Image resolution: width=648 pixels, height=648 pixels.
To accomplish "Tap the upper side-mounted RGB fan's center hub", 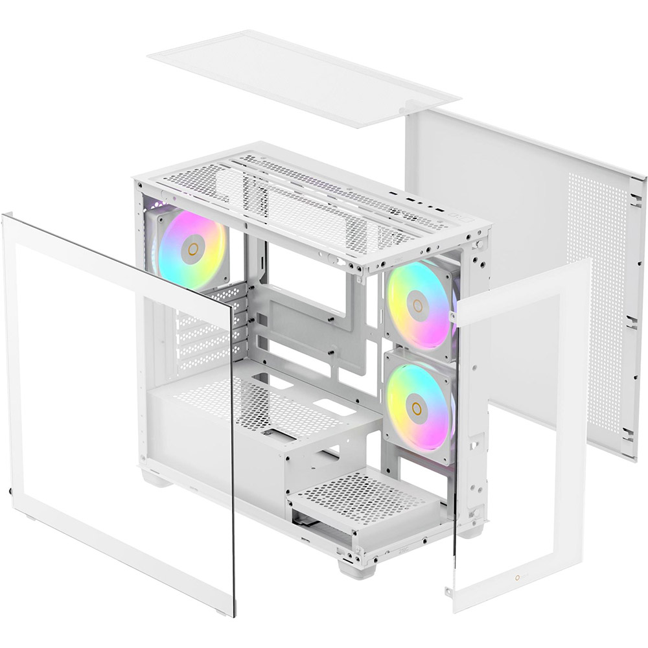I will point(417,305).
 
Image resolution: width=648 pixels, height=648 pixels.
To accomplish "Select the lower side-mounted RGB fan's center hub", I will point(417,407).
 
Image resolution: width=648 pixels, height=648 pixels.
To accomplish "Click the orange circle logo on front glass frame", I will point(518,579).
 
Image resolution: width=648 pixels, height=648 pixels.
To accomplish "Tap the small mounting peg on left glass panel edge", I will point(12,493).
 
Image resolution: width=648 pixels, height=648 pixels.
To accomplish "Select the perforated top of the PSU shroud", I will point(259,402).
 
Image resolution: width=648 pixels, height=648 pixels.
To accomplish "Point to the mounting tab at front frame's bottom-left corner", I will point(448,590).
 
